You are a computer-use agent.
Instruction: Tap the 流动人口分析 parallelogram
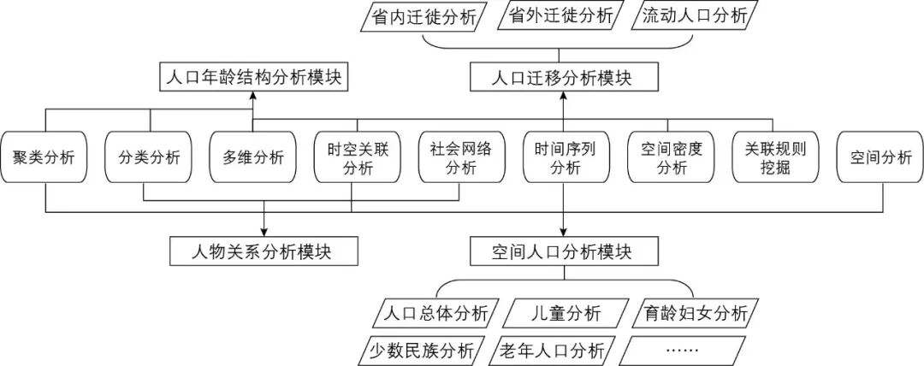[694, 16]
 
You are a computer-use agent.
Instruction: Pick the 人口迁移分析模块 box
[563, 79]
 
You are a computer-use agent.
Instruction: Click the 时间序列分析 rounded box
[563, 157]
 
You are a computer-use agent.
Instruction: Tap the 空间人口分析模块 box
[563, 251]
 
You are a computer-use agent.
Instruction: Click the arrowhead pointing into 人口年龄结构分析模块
[252, 95]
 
